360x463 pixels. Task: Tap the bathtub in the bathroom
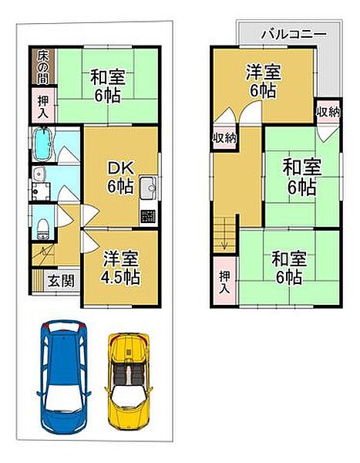(44, 143)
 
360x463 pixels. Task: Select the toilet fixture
(44, 225)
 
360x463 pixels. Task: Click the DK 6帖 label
(119, 175)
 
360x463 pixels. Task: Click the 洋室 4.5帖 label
(119, 266)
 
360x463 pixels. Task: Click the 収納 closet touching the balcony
(326, 111)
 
